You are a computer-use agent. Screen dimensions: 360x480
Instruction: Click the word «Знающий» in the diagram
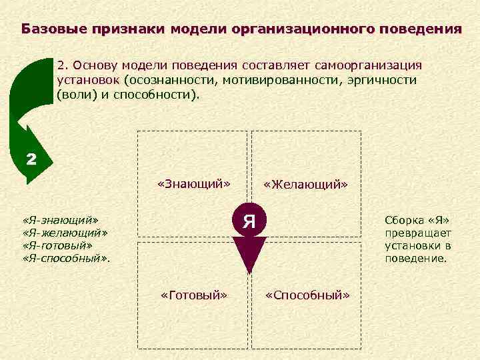coord(193,183)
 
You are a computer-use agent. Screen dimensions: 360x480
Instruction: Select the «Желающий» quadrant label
coord(306,183)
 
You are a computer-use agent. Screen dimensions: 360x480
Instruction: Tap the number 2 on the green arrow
coord(31,159)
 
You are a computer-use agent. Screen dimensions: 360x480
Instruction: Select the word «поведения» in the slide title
coord(420,29)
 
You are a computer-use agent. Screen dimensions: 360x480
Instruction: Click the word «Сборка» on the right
coord(401,219)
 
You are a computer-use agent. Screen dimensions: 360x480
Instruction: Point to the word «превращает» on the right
coord(418,233)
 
